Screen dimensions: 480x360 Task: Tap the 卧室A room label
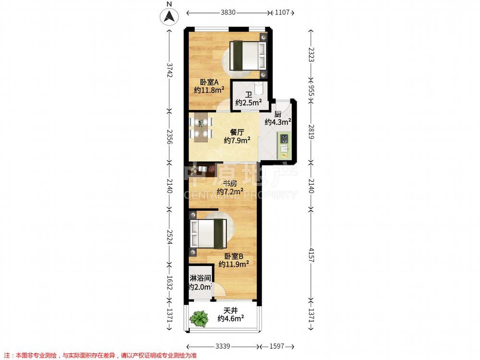(x=209, y=82)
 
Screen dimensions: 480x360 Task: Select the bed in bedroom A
(x=248, y=55)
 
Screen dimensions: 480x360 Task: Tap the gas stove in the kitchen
(x=284, y=138)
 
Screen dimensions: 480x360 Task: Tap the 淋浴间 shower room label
(x=200, y=278)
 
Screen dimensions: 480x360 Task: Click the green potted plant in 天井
(x=199, y=319)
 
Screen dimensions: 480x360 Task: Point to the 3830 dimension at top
(x=228, y=12)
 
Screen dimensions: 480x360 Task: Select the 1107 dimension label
(x=282, y=12)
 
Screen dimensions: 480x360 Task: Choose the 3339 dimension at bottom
(x=223, y=346)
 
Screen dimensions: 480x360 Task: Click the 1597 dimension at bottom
(x=277, y=346)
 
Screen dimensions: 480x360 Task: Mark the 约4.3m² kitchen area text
(x=277, y=122)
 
